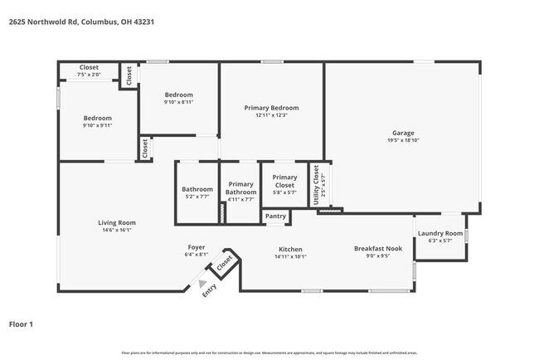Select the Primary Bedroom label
point(271,108)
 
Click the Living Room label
point(118,222)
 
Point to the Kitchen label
point(290,249)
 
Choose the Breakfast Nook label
point(377,249)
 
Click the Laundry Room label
point(439,234)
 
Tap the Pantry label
point(275,216)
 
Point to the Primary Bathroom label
point(240,187)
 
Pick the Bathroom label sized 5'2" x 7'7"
point(197,189)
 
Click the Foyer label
point(197,247)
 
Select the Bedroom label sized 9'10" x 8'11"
point(178,95)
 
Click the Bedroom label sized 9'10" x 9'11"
point(97,118)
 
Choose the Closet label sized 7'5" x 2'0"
point(89,67)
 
